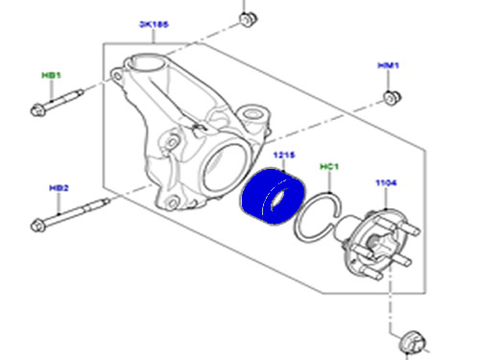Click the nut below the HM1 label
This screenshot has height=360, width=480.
390,98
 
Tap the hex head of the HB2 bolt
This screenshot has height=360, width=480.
39,228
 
